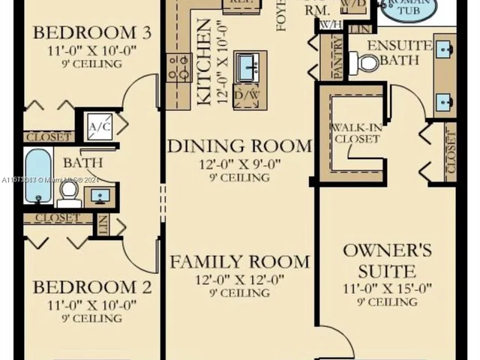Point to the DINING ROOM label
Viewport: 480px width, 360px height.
click(x=238, y=145)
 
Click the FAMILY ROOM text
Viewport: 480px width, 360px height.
click(x=238, y=262)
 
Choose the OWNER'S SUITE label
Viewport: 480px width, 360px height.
click(x=386, y=259)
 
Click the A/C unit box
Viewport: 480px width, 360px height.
click(x=99, y=125)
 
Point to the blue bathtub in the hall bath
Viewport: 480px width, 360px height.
click(x=37, y=176)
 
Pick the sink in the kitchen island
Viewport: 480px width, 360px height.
click(x=248, y=67)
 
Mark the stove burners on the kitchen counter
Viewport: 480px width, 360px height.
click(x=178, y=67)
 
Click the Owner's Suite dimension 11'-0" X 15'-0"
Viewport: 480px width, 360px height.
click(x=386, y=288)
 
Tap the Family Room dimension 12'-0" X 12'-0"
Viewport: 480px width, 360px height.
click(x=238, y=279)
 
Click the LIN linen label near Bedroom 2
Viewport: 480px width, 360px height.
click(x=103, y=223)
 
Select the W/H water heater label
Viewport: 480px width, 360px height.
click(x=328, y=25)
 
